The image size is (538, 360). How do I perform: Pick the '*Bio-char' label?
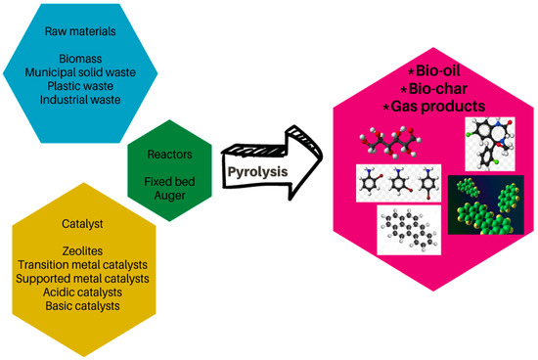tap(433, 89)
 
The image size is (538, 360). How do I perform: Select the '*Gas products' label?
tap(433, 105)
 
